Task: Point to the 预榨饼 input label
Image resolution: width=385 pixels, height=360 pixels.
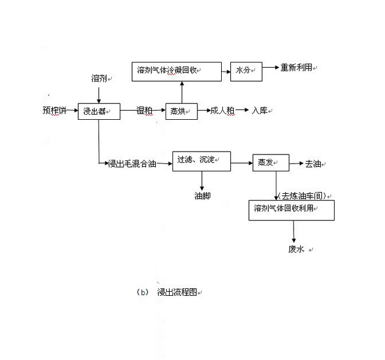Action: click(54, 110)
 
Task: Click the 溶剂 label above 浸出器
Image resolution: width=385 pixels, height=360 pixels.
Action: click(99, 79)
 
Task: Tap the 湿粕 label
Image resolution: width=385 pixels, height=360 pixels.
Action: click(144, 111)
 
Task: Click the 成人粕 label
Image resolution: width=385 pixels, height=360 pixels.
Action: click(222, 111)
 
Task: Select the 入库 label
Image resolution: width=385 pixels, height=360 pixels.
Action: click(260, 111)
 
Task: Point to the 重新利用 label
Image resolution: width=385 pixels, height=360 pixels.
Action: click(296, 68)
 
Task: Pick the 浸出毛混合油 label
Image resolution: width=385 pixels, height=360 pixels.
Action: click(132, 163)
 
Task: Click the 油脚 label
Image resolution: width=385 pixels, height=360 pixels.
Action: click(202, 196)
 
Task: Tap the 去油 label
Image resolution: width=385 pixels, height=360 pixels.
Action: click(313, 164)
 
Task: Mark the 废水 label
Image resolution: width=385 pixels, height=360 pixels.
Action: click(296, 249)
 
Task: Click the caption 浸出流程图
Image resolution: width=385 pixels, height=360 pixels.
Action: click(177, 292)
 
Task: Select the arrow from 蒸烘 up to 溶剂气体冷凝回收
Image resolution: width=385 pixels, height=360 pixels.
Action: click(182, 92)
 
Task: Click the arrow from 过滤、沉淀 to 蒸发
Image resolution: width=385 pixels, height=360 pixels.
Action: click(241, 163)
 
